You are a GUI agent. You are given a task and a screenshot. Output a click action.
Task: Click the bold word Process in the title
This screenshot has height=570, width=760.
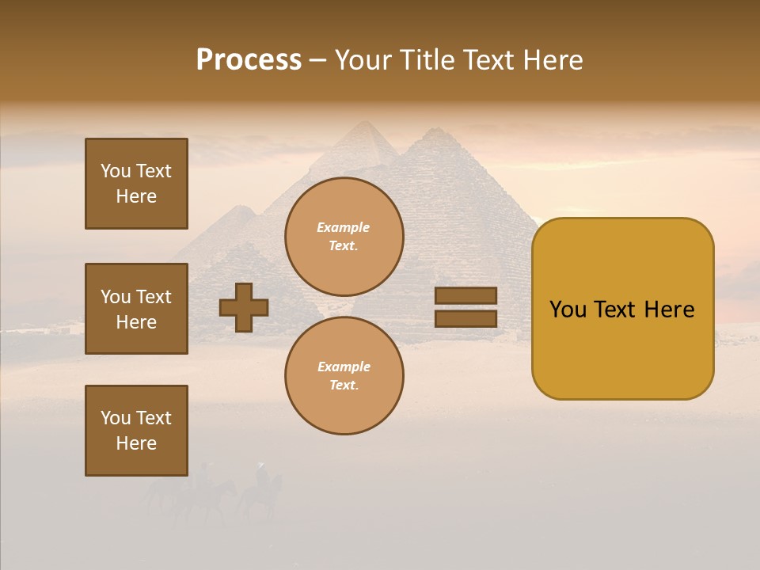click(x=249, y=59)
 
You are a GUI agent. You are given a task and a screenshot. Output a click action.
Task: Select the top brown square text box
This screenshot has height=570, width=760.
click(x=136, y=184)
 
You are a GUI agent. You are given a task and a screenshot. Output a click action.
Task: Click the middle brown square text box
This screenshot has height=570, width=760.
click(x=136, y=309)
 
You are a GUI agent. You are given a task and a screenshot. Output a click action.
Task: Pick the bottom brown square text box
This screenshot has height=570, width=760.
click(x=136, y=431)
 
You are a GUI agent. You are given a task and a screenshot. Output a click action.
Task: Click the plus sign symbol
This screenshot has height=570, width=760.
click(x=244, y=307)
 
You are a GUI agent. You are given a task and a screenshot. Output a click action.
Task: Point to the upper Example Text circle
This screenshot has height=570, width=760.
click(x=344, y=236)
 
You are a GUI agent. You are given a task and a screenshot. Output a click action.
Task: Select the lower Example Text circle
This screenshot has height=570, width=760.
click(x=344, y=375)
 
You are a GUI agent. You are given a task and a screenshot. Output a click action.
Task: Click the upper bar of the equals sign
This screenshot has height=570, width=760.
click(x=465, y=295)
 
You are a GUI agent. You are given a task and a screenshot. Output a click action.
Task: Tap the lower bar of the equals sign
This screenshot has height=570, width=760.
click(x=465, y=318)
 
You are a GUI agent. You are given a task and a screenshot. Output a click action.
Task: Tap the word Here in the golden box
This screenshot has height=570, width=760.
click(x=669, y=310)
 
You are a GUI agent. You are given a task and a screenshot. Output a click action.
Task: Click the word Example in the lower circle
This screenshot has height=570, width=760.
click(x=344, y=367)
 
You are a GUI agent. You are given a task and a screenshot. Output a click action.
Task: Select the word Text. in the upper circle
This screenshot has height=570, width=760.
click(x=344, y=245)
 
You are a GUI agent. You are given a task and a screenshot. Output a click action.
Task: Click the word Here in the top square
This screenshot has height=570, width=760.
click(x=136, y=196)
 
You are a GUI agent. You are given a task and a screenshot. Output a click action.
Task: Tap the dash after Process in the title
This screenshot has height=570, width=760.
click(x=318, y=60)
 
